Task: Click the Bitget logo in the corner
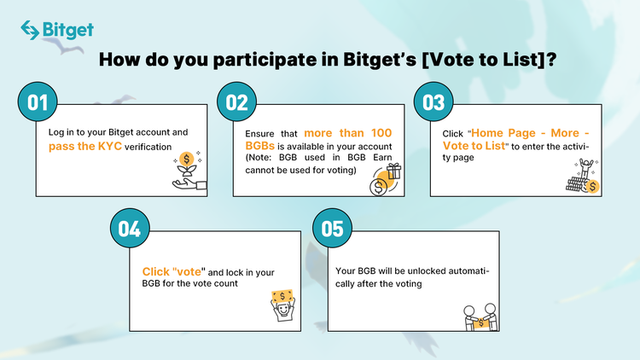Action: tap(56, 30)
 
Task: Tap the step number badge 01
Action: tap(37, 102)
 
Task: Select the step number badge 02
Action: tap(236, 102)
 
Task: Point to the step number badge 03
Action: tap(433, 102)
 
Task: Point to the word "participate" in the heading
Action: tap(229, 61)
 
